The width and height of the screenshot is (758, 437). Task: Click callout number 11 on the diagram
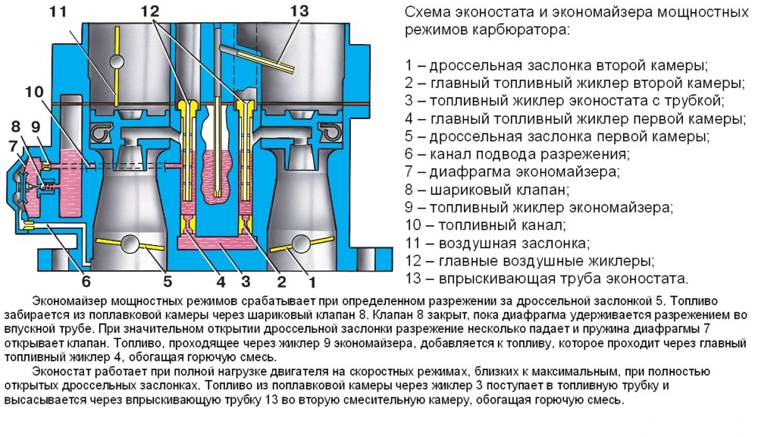58,12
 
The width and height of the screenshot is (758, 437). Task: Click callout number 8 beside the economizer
15,126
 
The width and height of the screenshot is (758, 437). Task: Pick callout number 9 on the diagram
35,126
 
